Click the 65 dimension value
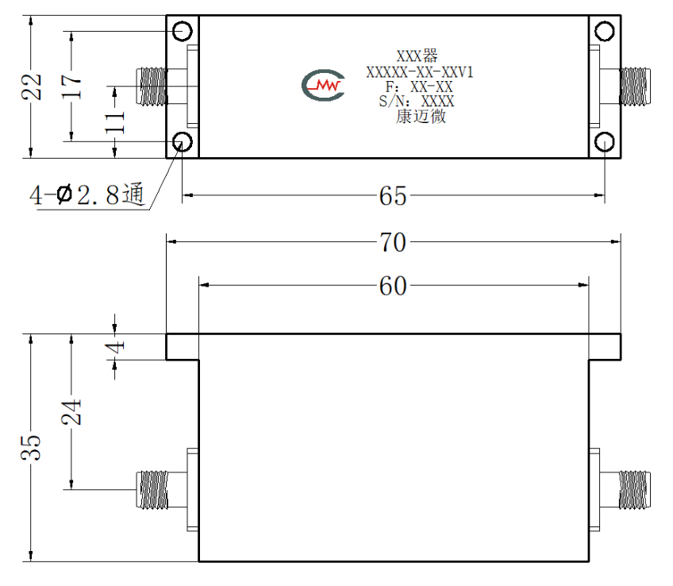tap(392, 196)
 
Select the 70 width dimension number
tap(392, 242)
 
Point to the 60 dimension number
tap(392, 286)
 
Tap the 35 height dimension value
tap(31, 447)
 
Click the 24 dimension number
tap(71, 412)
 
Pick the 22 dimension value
tap(32, 87)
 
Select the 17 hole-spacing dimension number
tap(71, 87)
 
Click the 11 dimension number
tap(115, 122)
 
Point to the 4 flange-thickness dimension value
tap(115, 346)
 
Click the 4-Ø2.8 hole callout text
tap(87, 195)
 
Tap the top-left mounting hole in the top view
tap(183, 31)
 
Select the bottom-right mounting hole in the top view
tap(604, 141)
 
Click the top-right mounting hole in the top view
tap(604, 31)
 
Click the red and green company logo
tap(323, 85)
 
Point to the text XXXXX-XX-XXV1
tap(419, 72)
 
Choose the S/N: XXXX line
tap(417, 102)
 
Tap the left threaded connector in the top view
tap(152, 87)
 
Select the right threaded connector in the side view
tap(635, 490)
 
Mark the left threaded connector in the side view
tap(152, 490)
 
